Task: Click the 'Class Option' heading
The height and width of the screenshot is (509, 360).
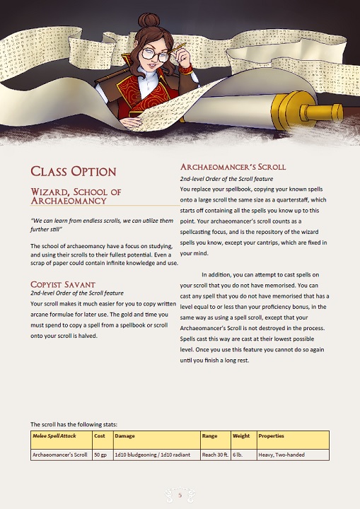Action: tap(73, 171)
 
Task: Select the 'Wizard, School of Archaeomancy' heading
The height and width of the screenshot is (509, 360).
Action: tap(76, 196)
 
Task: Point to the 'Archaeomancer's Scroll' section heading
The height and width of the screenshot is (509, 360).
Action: tap(233, 167)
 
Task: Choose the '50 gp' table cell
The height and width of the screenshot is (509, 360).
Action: tap(101, 455)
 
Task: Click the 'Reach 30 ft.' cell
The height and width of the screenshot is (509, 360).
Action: tap(215, 455)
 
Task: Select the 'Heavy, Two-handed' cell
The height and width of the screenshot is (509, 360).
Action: tap(281, 455)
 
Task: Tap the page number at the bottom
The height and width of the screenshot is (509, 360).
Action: tap(180, 496)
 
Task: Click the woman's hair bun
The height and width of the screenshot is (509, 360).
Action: tap(149, 21)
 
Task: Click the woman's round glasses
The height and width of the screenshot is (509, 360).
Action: tap(156, 53)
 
